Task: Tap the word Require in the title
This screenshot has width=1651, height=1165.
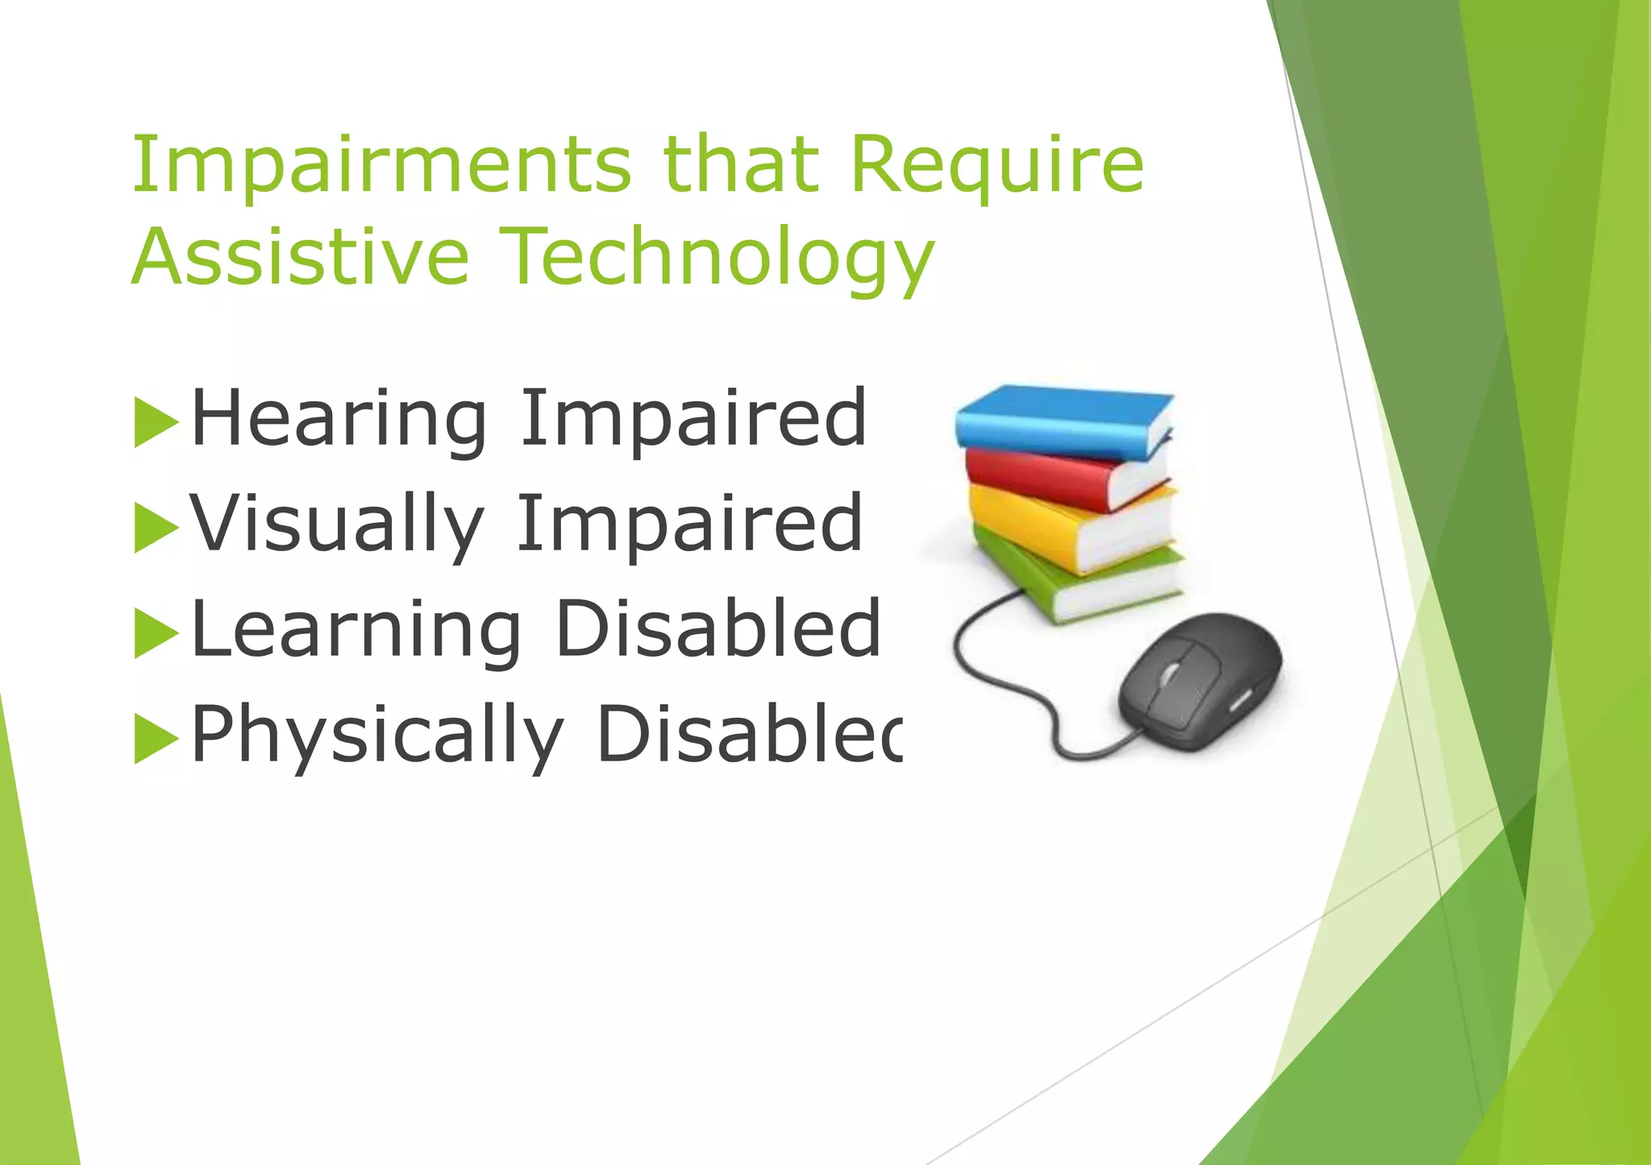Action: (x=996, y=165)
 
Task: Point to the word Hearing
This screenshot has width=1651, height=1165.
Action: (x=339, y=419)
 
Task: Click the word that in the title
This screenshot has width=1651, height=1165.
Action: (x=740, y=165)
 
